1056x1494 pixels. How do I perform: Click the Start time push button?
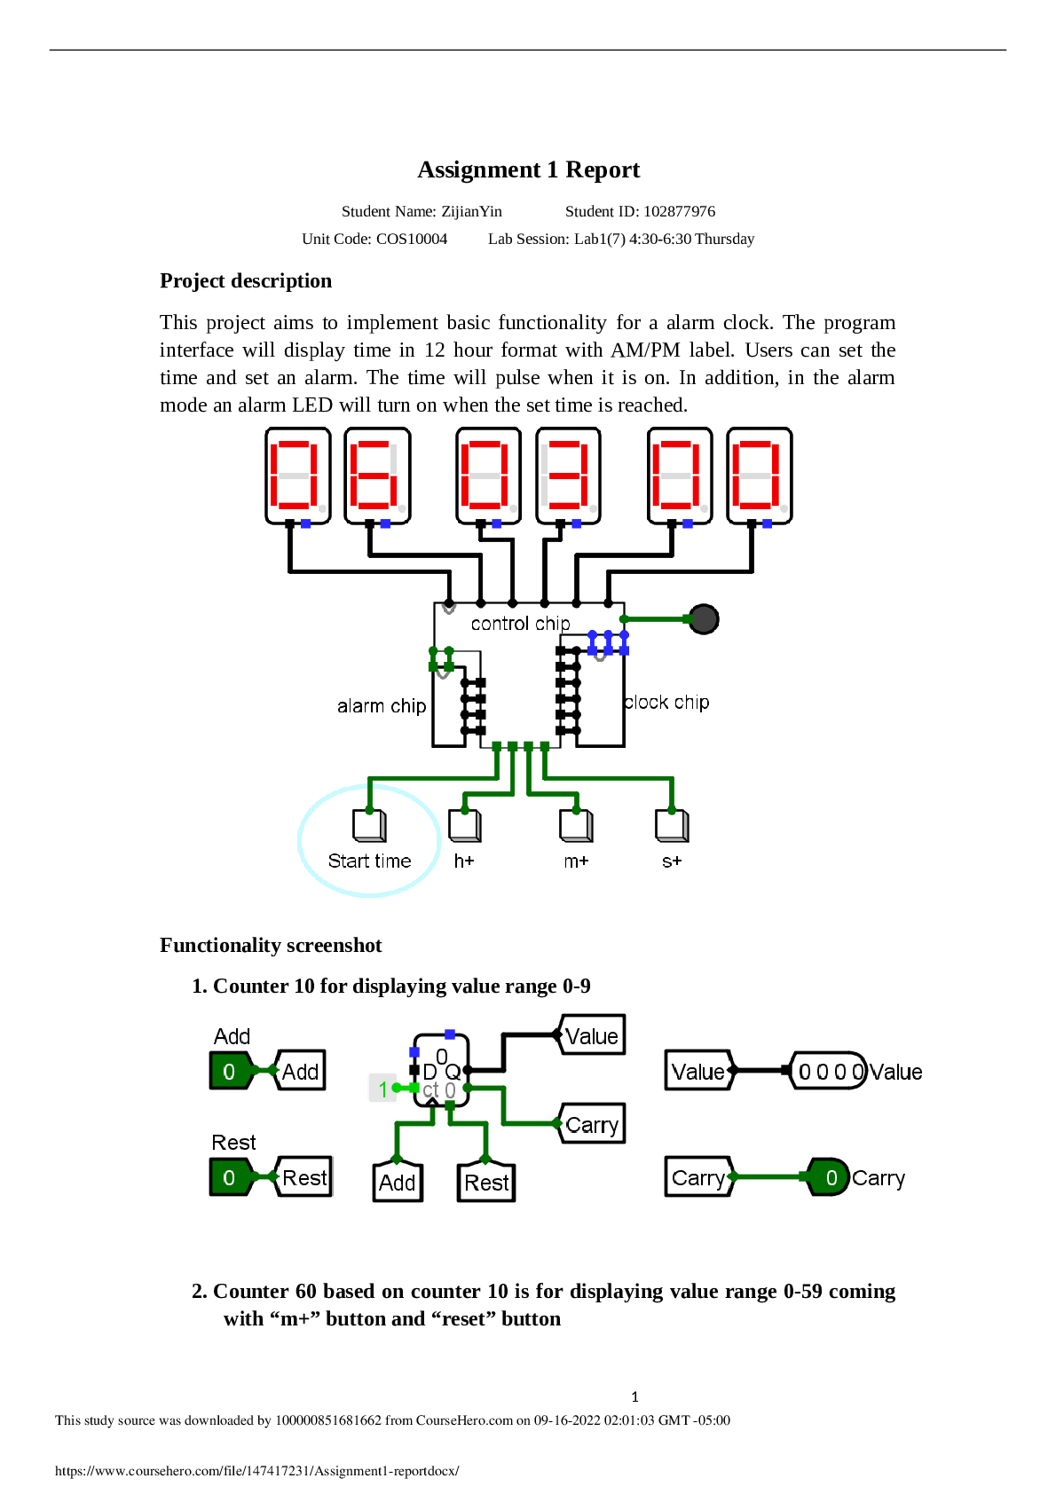click(x=368, y=825)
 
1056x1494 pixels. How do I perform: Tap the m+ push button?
click(x=575, y=825)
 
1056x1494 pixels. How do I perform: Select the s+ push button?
click(x=672, y=825)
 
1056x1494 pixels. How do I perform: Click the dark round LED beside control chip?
click(x=704, y=618)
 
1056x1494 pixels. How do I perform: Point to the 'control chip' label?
click(x=520, y=624)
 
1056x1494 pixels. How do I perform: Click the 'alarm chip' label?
click(x=382, y=706)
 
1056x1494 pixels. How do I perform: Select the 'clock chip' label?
click(x=666, y=703)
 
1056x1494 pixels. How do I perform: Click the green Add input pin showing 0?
click(x=230, y=1071)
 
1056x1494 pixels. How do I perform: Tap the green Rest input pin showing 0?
click(x=230, y=1177)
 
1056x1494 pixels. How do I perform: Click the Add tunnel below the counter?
click(x=397, y=1182)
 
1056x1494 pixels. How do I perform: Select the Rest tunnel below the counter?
click(x=486, y=1182)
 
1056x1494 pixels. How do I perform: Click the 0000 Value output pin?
click(x=829, y=1071)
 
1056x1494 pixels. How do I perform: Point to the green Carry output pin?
click(x=830, y=1177)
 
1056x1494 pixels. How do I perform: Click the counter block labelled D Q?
click(x=441, y=1070)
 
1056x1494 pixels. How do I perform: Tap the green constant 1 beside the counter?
click(x=382, y=1089)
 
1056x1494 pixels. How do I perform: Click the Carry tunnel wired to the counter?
click(x=592, y=1124)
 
